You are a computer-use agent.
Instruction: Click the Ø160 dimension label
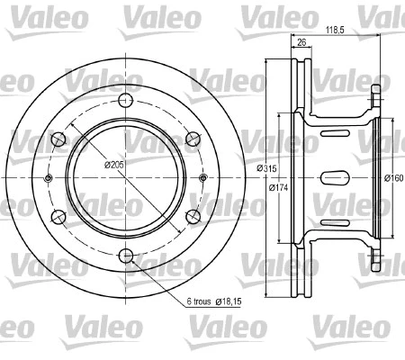(393, 176)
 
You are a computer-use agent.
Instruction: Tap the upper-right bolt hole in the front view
(193, 139)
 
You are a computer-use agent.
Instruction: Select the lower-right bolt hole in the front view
(193, 215)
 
